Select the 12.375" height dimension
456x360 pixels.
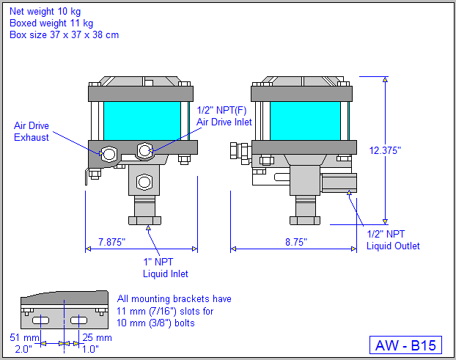pyautogui.click(x=386, y=150)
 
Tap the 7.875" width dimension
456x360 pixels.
pyautogui.click(x=111, y=241)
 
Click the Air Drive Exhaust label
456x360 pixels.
pyautogui.click(x=32, y=131)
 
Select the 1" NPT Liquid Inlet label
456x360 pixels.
pyautogui.click(x=165, y=267)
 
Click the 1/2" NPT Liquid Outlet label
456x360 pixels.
pyautogui.click(x=393, y=240)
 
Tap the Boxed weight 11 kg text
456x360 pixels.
pyautogui.click(x=47, y=23)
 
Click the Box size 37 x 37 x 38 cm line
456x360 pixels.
pyautogui.click(x=64, y=34)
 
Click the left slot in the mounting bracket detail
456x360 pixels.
pyautogui.click(x=41, y=321)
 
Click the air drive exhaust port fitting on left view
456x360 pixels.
pyautogui.click(x=109, y=154)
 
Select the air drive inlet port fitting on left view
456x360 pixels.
pyautogui.click(x=144, y=151)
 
